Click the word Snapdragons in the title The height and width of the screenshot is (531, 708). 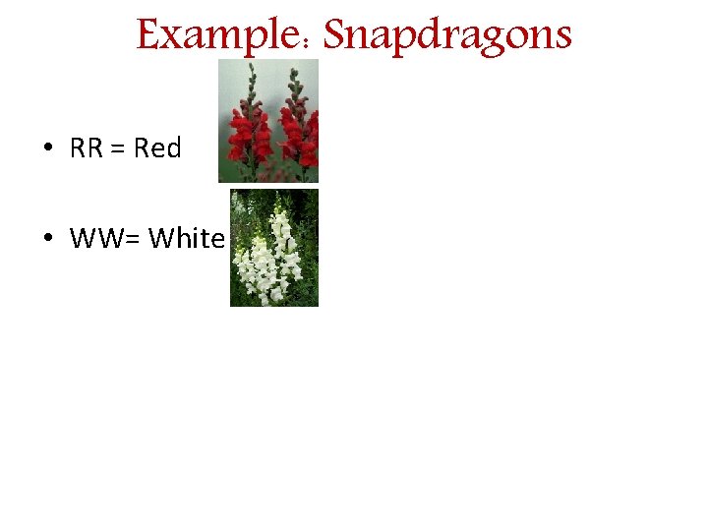click(x=447, y=35)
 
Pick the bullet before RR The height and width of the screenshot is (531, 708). click(x=47, y=148)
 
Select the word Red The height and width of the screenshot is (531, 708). click(x=157, y=148)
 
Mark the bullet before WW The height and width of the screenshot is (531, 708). click(x=47, y=239)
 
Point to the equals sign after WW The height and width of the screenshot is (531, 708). click(x=132, y=240)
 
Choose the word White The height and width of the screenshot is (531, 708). click(x=187, y=239)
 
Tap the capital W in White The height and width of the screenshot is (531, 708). click(x=159, y=239)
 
